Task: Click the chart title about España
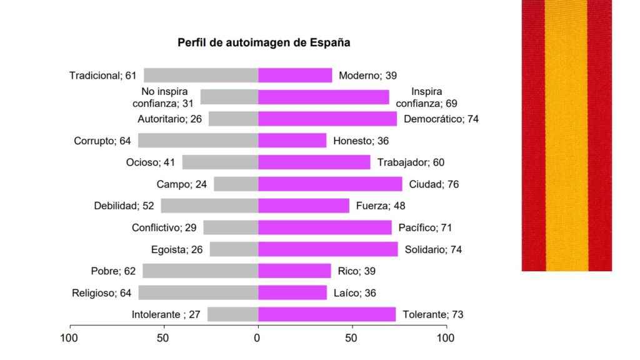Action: [264, 43]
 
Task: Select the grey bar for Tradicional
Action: [201, 76]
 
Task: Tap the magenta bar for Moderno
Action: [295, 76]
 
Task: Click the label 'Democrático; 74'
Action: [441, 119]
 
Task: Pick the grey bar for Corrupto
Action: [198, 141]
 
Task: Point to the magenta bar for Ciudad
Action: [330, 184]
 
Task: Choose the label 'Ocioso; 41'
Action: [151, 162]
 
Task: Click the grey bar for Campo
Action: [236, 184]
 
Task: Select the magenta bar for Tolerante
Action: [327, 314]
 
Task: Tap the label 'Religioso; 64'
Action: [101, 292]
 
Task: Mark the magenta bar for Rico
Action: [294, 271]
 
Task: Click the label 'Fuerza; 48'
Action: [381, 206]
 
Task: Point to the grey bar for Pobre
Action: [200, 271]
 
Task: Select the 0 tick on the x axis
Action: [257, 339]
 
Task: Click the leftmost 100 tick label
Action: [69, 339]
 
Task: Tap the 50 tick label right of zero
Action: [352, 339]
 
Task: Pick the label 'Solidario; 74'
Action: [433, 249]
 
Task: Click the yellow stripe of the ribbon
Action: [566, 135]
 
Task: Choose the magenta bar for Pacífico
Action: [325, 227]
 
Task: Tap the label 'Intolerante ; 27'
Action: [166, 314]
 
